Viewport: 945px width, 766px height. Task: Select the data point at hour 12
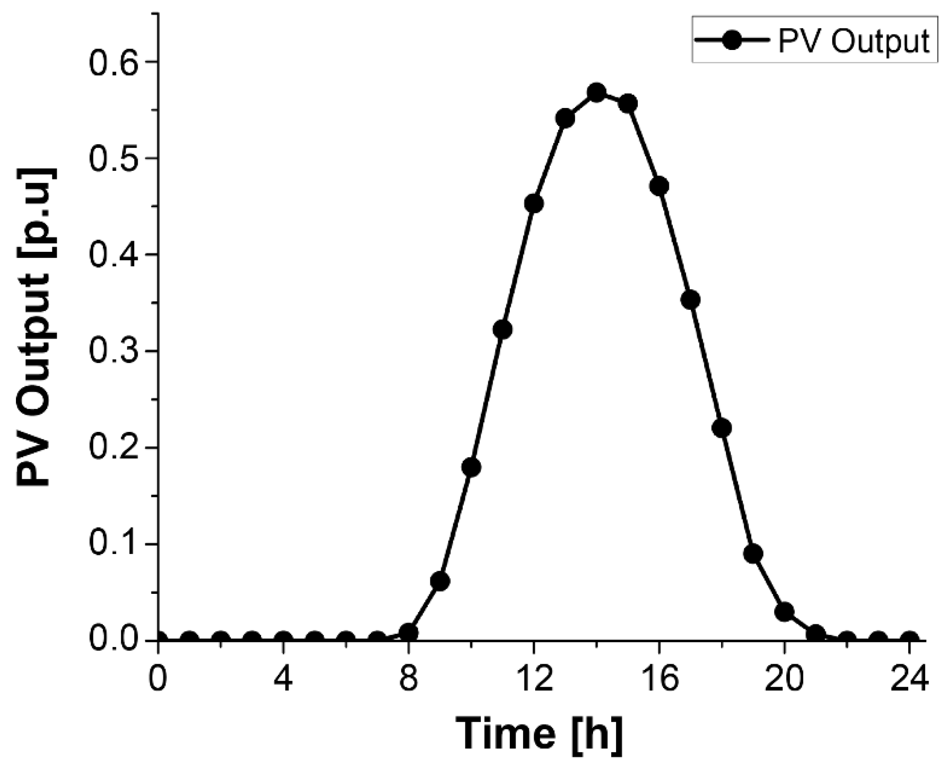534,204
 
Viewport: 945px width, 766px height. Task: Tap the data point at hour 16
659,186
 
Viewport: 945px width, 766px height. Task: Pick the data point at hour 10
471,467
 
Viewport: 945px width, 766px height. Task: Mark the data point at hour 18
722,428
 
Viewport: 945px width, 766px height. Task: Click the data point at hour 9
440,581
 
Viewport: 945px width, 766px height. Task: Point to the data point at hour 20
784,612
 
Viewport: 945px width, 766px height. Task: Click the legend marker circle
732,40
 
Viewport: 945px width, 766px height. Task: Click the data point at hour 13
565,119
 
